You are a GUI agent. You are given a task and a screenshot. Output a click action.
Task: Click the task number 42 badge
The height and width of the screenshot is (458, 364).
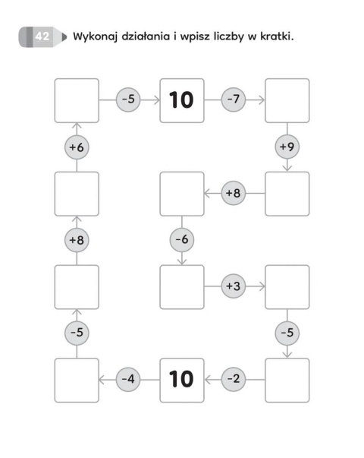(42, 36)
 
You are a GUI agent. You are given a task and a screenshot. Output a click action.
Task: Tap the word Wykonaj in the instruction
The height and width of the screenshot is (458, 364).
(96, 36)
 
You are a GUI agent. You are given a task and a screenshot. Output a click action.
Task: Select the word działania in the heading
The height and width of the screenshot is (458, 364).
(146, 36)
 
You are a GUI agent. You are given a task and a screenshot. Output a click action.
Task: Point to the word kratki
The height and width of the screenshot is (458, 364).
(277, 36)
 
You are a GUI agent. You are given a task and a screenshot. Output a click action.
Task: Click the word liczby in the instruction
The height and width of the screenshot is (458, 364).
(228, 36)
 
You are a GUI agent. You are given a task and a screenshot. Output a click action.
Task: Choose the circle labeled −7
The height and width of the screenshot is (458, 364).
(234, 99)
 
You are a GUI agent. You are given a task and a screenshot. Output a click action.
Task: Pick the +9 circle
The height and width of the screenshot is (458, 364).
(287, 147)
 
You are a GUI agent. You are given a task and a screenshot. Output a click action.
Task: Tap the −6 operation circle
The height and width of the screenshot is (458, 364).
(182, 240)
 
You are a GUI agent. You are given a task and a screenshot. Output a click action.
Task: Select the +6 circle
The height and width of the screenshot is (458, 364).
(77, 147)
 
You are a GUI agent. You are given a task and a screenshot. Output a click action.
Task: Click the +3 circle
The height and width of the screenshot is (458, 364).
(234, 286)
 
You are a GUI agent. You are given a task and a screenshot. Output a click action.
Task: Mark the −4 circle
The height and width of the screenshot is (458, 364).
(128, 380)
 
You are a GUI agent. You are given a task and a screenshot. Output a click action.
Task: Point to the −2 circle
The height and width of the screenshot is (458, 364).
(234, 379)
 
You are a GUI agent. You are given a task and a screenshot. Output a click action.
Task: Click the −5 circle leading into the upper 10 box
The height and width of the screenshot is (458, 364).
(128, 99)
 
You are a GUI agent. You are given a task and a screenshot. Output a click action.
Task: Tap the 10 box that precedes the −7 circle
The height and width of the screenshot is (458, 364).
(182, 100)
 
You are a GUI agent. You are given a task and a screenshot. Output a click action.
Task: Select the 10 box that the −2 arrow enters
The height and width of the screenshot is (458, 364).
(182, 381)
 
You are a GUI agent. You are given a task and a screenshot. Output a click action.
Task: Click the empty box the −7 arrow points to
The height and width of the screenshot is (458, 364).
(287, 100)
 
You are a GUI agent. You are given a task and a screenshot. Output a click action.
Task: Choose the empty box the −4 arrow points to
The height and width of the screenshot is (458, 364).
(77, 381)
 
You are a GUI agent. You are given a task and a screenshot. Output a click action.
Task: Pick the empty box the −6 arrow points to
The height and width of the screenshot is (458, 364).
(182, 287)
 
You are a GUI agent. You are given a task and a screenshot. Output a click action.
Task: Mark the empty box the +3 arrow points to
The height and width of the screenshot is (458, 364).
(287, 287)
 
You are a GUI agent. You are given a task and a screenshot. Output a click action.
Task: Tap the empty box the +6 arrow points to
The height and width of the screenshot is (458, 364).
(77, 100)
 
